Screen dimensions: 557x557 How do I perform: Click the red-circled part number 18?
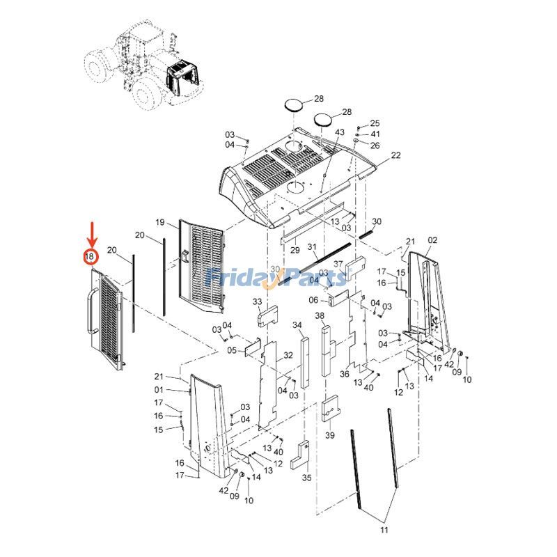click(90, 257)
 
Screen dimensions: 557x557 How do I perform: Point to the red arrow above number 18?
click(90, 233)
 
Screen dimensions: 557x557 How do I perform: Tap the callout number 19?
click(159, 222)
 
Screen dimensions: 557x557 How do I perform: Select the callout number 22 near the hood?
click(395, 155)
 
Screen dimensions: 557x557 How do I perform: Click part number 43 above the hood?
click(340, 132)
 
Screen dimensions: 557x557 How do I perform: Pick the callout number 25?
click(375, 123)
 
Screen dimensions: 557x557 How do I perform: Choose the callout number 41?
click(375, 134)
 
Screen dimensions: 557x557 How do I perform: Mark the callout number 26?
click(375, 146)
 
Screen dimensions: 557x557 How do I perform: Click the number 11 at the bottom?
click(383, 531)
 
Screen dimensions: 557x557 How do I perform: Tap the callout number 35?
click(306, 478)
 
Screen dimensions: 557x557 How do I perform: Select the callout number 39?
click(329, 435)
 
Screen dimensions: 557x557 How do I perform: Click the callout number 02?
click(432, 240)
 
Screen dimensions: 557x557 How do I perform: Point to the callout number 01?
click(159, 389)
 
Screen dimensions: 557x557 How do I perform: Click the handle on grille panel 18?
click(91, 311)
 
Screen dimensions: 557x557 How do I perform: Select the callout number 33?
click(257, 301)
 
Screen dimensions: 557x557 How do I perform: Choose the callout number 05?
click(232, 350)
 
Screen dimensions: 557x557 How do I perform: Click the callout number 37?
click(338, 264)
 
